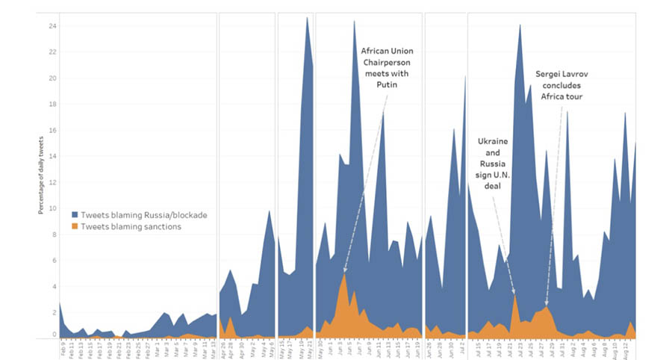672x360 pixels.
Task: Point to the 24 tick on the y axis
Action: click(53, 25)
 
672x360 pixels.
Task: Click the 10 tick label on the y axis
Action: click(53, 208)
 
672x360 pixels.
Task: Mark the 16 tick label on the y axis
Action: click(53, 130)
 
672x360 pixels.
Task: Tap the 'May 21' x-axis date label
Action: click(307, 348)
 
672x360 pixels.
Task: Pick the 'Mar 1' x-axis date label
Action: click(158, 347)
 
